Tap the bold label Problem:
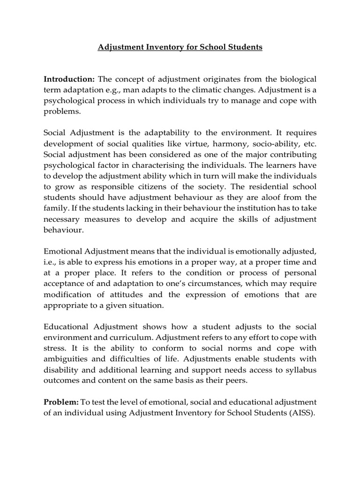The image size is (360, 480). point(61,402)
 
